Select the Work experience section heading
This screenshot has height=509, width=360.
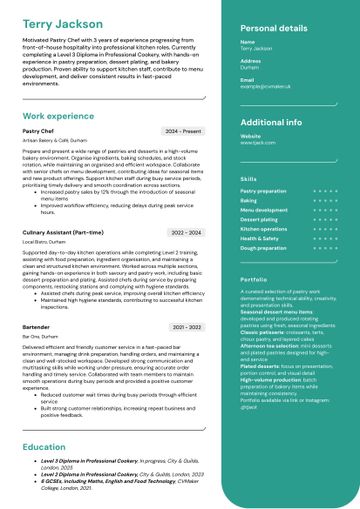[x=59, y=116]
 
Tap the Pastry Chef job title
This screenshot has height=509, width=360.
[x=38, y=131]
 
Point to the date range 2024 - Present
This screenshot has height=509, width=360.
[x=183, y=131]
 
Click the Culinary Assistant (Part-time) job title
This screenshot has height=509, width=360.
[x=62, y=232]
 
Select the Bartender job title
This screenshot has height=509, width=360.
[x=36, y=327]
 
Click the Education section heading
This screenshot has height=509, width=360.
[x=44, y=446]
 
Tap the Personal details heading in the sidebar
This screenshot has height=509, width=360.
[x=274, y=29]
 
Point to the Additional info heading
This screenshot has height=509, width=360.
[x=271, y=122]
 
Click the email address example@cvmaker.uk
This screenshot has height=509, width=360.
[x=265, y=87]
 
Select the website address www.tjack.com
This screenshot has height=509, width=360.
[x=257, y=143]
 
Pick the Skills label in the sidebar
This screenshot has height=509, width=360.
[x=248, y=178]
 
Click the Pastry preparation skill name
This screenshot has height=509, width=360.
[x=263, y=190]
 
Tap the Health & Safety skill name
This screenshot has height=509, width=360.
[x=259, y=238]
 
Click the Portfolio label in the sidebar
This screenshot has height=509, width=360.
[x=253, y=279]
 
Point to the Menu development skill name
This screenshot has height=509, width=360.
[x=264, y=210]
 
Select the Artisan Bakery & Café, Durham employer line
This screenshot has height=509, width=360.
[x=54, y=141]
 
